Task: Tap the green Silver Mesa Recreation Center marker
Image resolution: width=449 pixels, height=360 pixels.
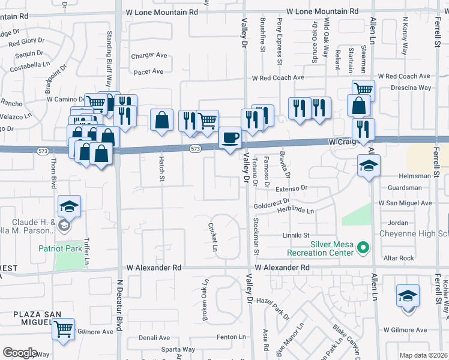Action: pos(362,247)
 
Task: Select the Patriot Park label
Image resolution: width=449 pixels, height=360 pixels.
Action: pos(59,248)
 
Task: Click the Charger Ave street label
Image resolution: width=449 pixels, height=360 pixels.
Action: pos(149,55)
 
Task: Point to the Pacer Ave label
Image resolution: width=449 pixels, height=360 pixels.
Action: pos(149,71)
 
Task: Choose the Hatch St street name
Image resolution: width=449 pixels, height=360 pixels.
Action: pos(161,169)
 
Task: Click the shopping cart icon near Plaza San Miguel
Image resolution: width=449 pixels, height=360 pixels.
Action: pos(63,329)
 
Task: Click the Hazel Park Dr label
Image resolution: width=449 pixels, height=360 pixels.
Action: pos(273,308)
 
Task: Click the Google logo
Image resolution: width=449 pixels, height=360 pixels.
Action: pos(19,353)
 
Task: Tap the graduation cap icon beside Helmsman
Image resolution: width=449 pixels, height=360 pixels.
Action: pos(369,166)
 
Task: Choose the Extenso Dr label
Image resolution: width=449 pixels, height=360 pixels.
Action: pos(291,188)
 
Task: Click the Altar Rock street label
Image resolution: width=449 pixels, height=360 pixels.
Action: pos(399,258)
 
